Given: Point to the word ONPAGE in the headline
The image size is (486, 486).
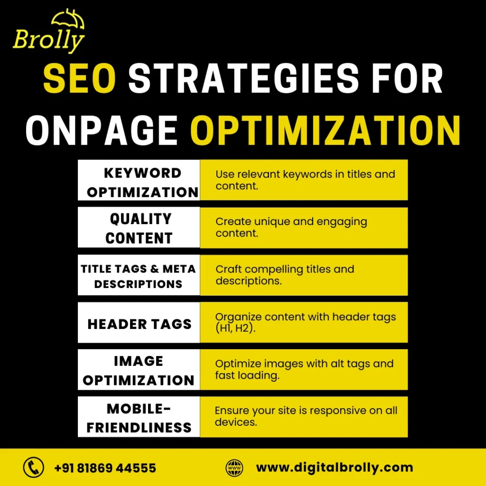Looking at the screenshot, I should coord(102,129).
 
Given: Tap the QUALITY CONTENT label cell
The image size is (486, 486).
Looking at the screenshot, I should coord(139,228).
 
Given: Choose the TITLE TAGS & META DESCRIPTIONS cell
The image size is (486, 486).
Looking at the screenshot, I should coord(139,276).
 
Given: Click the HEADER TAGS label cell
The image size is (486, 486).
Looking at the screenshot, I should coord(139,324).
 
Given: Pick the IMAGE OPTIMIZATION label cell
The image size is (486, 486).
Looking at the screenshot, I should coord(139,370).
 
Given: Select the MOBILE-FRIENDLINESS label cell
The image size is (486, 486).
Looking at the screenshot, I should coord(139,418).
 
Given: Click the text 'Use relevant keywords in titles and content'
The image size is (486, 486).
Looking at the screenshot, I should coord(305,179).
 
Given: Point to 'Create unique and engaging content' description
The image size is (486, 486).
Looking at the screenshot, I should coord(291,227).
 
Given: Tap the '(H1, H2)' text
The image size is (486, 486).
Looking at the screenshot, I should coord(235,327).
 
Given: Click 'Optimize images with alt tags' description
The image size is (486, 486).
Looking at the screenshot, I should coord(304,369).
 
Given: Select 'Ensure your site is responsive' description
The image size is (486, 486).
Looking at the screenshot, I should coord(306,416).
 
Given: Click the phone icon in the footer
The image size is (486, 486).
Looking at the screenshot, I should coord(33,467).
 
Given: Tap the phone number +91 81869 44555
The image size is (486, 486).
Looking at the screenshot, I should coord(105,468).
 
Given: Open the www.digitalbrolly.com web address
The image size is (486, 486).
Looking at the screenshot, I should coord(334,467).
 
